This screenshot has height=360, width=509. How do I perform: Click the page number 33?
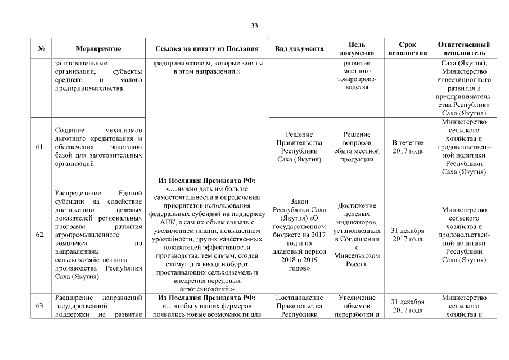click(x=254, y=26)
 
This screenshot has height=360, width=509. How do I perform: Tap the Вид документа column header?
click(x=299, y=49)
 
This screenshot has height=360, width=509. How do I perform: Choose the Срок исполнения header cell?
click(x=407, y=48)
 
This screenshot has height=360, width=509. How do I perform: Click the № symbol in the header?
click(x=41, y=49)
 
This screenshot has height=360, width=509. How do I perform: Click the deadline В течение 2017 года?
click(x=407, y=147)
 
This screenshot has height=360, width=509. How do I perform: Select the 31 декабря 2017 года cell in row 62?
click(x=407, y=235)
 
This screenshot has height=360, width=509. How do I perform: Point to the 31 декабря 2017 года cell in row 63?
click(x=407, y=306)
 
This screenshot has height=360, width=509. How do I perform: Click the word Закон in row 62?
click(x=299, y=201)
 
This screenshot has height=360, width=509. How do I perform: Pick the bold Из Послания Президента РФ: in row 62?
click(x=207, y=181)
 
